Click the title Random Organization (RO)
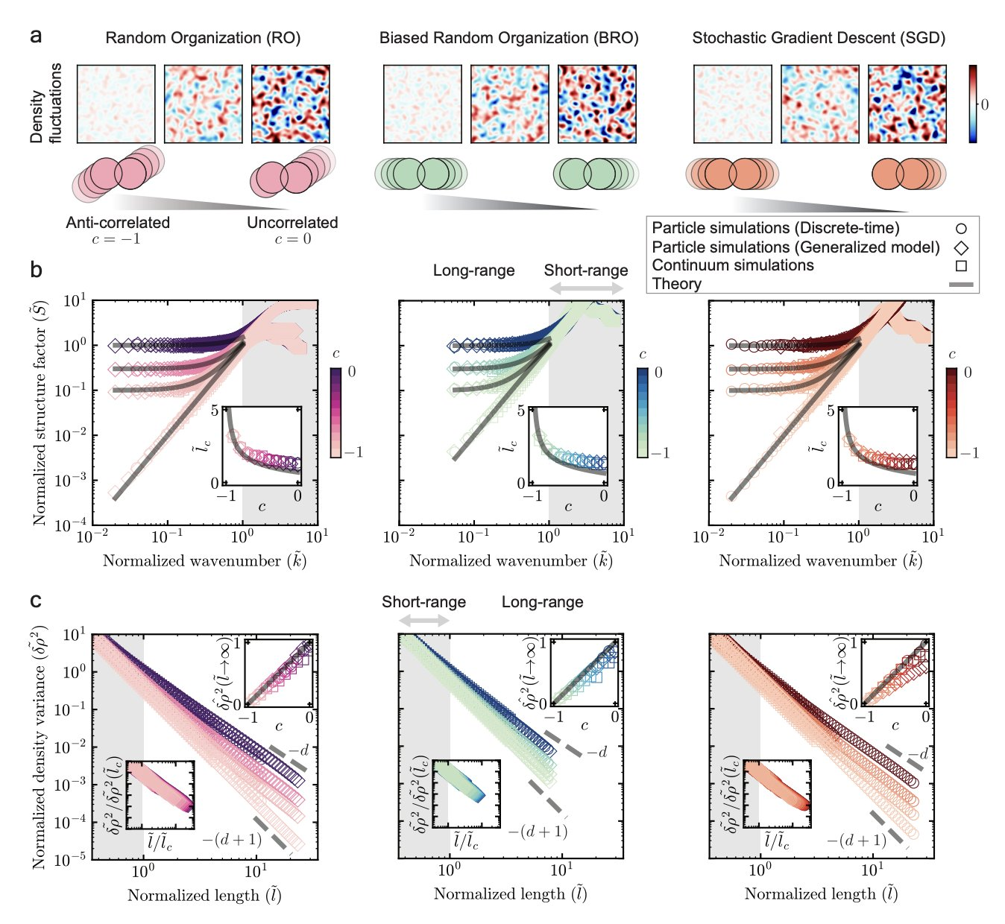pos(203,38)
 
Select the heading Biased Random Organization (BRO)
pos(509,38)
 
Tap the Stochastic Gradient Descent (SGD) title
pos(819,38)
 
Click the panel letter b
pos(36,270)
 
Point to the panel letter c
pos(36,601)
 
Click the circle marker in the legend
pos(961,229)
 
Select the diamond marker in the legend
pos(961,247)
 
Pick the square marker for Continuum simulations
pos(961,266)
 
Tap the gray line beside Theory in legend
pos(960,285)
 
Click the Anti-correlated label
pos(118,223)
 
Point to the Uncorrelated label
pos(292,223)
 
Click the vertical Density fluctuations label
pos(45,104)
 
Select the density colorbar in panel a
pos(973,104)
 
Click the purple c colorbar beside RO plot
pos(336,412)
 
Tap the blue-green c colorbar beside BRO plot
pos(643,412)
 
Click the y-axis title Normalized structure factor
pos(40,412)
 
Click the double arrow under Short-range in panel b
pos(586,288)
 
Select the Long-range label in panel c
pos(542,602)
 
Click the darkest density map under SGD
pos(907,104)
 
